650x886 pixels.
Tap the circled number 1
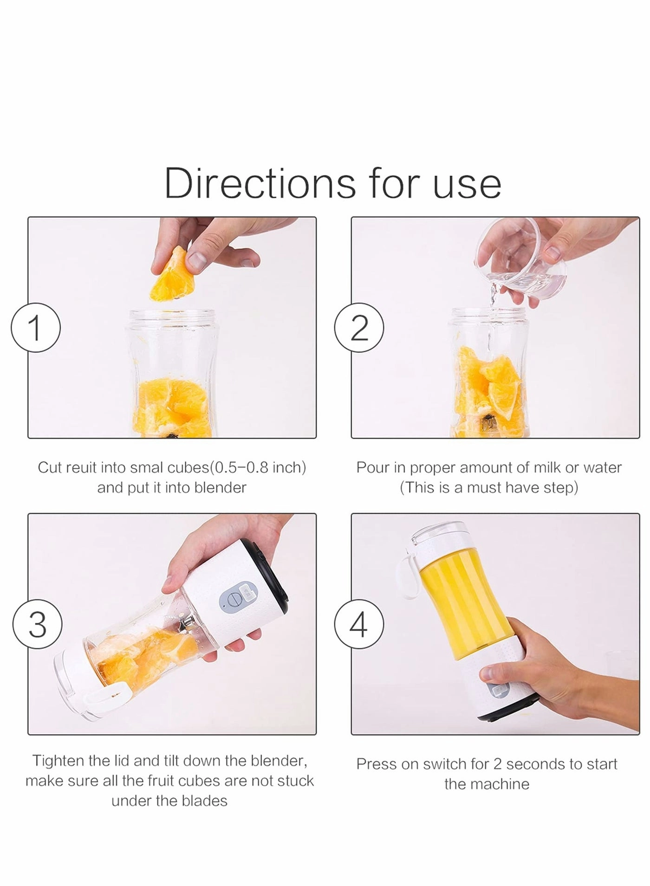tap(36, 328)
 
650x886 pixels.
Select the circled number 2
tap(359, 328)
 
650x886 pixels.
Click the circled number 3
tap(38, 625)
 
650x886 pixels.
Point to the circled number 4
tap(359, 625)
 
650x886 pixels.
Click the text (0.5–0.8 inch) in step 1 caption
tap(258, 467)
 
